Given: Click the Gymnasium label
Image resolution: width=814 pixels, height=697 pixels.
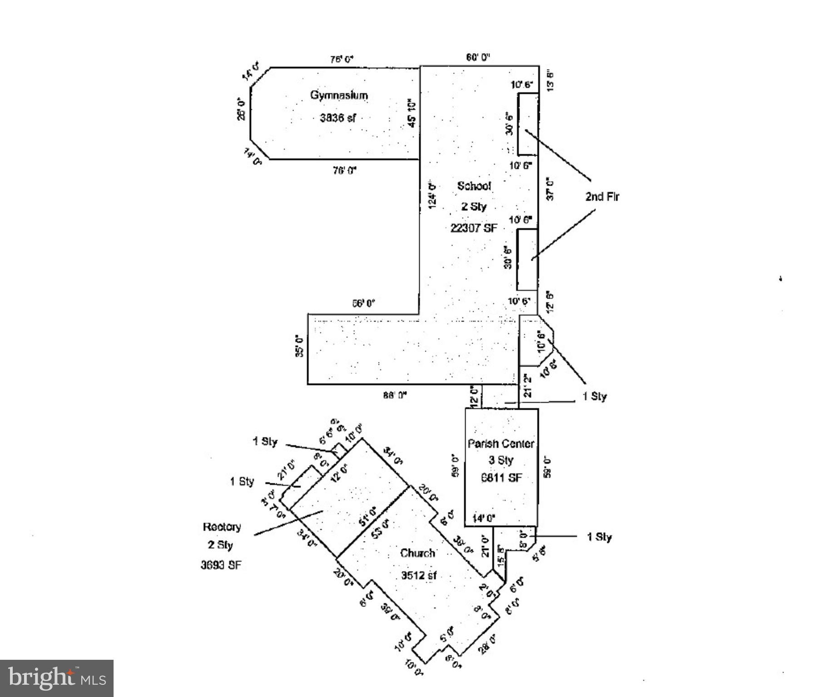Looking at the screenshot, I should tap(339, 95).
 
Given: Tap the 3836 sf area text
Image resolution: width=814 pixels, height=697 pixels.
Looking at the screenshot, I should tap(338, 118).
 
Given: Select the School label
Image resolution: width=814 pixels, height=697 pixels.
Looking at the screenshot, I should tap(474, 186).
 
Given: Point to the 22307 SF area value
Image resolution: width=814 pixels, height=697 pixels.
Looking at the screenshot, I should tap(473, 228).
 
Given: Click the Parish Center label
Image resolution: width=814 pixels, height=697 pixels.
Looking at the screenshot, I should tap(501, 443).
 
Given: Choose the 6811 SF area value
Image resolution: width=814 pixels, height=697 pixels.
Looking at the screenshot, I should tap(501, 477).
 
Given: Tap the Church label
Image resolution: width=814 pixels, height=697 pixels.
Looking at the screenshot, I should tap(417, 553).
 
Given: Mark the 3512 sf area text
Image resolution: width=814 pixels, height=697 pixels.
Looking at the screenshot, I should tap(418, 575).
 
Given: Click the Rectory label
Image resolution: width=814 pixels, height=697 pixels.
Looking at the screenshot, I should tap(222, 527).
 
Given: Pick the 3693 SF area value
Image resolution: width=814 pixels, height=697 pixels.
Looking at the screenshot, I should tap(221, 565).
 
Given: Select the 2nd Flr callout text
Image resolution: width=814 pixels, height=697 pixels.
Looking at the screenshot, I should tap(602, 196).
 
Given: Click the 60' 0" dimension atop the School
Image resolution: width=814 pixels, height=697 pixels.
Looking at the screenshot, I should tap(478, 57).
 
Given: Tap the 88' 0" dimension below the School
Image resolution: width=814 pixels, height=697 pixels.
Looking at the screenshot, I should tap(394, 395).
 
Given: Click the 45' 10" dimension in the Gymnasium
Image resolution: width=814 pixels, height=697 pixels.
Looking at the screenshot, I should tap(412, 113).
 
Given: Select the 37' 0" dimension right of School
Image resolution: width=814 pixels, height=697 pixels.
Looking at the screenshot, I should tap(550, 189).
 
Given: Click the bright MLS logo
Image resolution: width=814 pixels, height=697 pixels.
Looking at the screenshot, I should tap(57, 678).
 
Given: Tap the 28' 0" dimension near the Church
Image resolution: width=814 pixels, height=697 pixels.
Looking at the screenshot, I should tap(487, 643).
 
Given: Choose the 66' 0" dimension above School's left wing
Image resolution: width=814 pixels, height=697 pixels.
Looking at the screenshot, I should tap(364, 303).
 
